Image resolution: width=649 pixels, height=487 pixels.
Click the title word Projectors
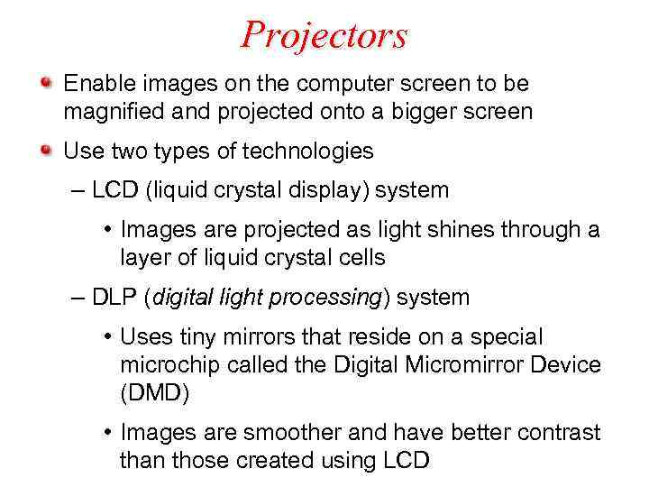pyautogui.click(x=324, y=36)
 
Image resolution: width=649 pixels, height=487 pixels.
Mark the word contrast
pyautogui.click(x=559, y=433)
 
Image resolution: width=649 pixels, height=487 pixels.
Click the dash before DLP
pyautogui.click(x=78, y=298)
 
